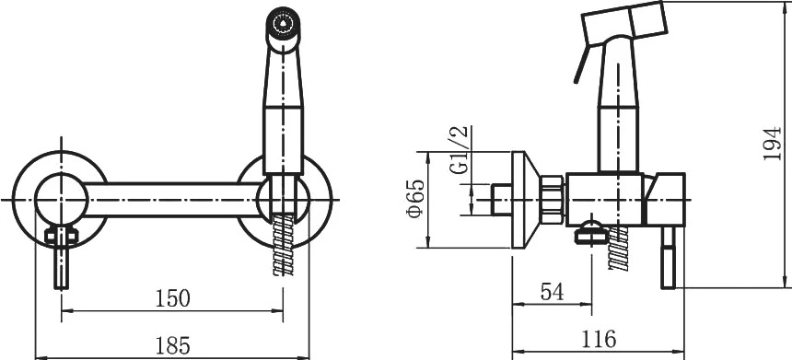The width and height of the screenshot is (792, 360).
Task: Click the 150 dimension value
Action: click(x=173, y=298)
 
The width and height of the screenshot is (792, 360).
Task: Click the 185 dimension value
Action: click(x=172, y=345)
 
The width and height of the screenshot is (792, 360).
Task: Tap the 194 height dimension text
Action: click(x=772, y=144)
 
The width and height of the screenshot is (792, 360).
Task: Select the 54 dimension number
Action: click(x=552, y=292)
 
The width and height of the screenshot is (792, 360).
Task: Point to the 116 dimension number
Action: click(x=599, y=338)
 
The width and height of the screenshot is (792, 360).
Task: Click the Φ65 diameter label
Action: click(x=415, y=199)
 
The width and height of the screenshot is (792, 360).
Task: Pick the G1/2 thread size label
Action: click(x=460, y=150)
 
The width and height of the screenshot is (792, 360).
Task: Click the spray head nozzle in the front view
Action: click(x=284, y=23)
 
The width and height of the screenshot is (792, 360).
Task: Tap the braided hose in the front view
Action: click(x=283, y=245)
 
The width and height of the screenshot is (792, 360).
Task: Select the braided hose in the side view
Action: click(x=619, y=248)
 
